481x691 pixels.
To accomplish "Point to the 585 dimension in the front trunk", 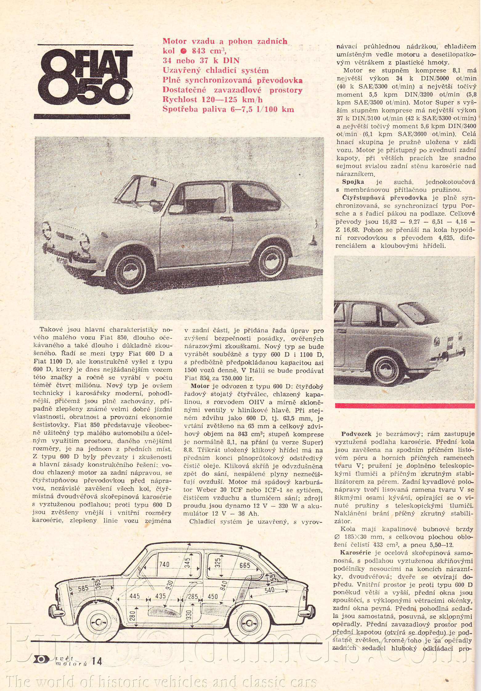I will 83,589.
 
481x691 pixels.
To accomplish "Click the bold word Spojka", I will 353,182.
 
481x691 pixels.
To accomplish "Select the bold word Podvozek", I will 356,434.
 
